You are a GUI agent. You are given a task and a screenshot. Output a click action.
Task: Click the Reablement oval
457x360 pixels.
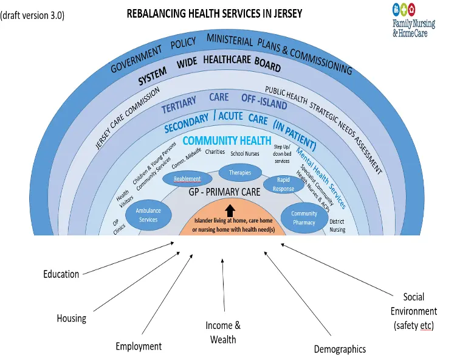(x=187, y=178)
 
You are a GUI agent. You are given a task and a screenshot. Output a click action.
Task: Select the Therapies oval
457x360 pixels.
(x=240, y=173)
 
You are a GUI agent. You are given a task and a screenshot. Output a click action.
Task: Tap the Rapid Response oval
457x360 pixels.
(x=283, y=184)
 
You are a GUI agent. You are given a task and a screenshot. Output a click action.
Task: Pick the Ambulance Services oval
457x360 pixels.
(x=148, y=215)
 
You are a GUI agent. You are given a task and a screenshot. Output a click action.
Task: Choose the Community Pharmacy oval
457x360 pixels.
(x=304, y=218)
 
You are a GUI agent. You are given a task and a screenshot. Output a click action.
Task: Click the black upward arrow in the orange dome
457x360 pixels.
(x=230, y=210)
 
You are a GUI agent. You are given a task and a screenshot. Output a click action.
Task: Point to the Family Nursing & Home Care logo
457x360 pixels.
(x=414, y=20)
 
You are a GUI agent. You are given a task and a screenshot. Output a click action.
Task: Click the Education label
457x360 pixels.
(x=61, y=274)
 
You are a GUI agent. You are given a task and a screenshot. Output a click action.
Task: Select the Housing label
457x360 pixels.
(x=72, y=318)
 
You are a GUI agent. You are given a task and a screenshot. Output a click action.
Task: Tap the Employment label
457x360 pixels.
(x=139, y=346)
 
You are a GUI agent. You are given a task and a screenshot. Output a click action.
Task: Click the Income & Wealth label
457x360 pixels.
(x=223, y=332)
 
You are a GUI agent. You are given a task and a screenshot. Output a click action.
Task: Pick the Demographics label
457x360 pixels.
(x=340, y=349)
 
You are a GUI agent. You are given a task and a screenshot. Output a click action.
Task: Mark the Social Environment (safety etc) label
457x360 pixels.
(x=414, y=311)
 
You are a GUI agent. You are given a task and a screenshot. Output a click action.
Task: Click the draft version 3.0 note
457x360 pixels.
(x=32, y=15)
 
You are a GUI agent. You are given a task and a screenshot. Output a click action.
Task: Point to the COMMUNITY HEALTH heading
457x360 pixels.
(x=227, y=140)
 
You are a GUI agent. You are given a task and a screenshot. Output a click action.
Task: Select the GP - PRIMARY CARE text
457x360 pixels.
(x=224, y=192)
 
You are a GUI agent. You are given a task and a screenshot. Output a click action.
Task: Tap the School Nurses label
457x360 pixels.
(x=245, y=153)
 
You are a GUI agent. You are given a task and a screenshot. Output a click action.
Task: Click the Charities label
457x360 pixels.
(x=215, y=151)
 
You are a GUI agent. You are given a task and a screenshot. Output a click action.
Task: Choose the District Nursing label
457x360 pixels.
(x=337, y=226)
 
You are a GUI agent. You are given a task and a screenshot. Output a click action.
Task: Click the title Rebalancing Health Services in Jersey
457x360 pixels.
(x=215, y=13)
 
